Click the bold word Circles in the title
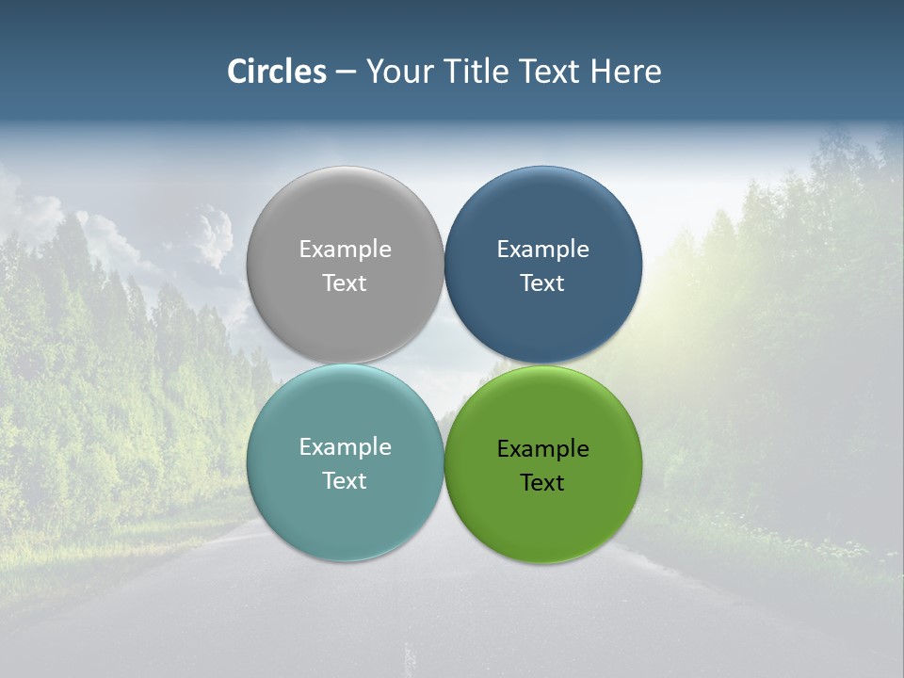click(x=277, y=72)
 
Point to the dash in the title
click(x=346, y=73)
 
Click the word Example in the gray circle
click(x=345, y=250)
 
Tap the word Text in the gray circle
click(x=345, y=283)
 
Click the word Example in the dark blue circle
click(x=543, y=250)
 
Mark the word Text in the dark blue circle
click(x=543, y=283)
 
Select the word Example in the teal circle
click(x=345, y=447)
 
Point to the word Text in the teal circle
click(x=345, y=481)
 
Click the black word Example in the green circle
click(x=543, y=449)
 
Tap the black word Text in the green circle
click(x=543, y=483)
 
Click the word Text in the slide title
click(x=550, y=72)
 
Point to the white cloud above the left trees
click(x=213, y=235)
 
